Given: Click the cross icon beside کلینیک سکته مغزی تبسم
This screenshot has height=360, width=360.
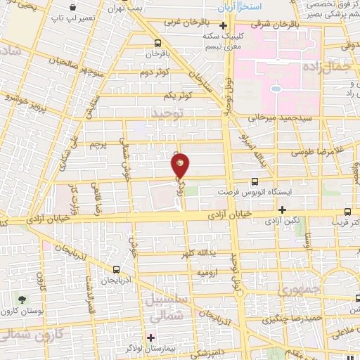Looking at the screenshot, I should click(224, 27).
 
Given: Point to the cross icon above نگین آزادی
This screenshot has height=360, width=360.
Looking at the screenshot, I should click(282, 210).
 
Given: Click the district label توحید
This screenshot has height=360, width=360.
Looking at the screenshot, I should click(168, 112).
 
